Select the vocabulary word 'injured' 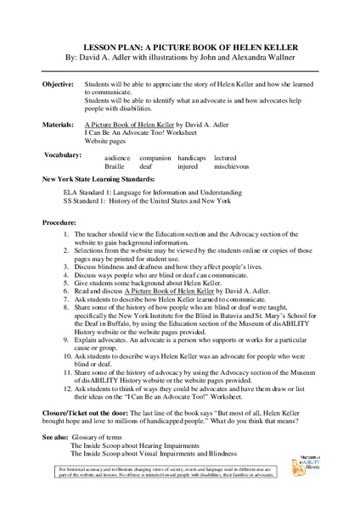click(x=188, y=167)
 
